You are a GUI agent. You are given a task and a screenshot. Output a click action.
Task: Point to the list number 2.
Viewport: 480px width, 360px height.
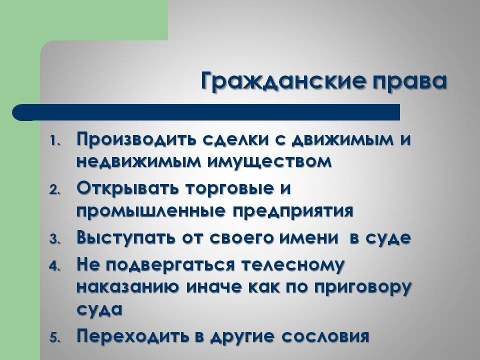tap(55, 190)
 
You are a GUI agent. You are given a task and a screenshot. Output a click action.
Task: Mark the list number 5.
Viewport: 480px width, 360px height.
tap(55, 337)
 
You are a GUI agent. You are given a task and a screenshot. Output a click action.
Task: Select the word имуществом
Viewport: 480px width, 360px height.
tap(269, 161)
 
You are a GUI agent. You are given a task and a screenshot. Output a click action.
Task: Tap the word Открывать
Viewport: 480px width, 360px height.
tap(127, 188)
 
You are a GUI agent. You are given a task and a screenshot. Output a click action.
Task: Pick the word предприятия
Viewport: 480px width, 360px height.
tap(293, 211)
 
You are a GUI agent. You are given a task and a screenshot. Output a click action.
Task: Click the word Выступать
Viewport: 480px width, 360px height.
tap(126, 238)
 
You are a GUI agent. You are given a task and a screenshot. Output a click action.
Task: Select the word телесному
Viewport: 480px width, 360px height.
tap(293, 265)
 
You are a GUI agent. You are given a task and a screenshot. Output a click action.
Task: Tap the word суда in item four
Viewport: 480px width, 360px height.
tap(99, 310)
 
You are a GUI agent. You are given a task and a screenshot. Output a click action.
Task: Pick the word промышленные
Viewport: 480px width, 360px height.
tap(151, 211)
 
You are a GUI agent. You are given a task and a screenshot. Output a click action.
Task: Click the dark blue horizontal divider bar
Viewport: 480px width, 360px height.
tap(206, 112)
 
